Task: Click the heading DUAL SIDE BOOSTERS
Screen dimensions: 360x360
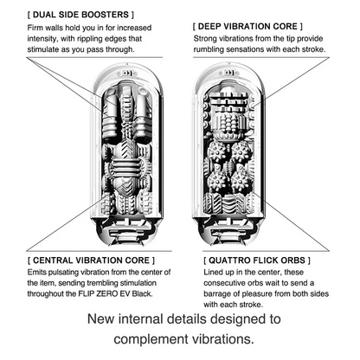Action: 80,15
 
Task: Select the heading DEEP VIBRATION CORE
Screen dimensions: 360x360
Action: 247,27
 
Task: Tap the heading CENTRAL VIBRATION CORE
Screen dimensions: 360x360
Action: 91,260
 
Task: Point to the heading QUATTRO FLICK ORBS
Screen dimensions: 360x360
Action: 257,260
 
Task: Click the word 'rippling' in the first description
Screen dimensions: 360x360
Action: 89,39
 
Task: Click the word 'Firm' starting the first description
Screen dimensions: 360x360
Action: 35,28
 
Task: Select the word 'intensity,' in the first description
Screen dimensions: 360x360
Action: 42,39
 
